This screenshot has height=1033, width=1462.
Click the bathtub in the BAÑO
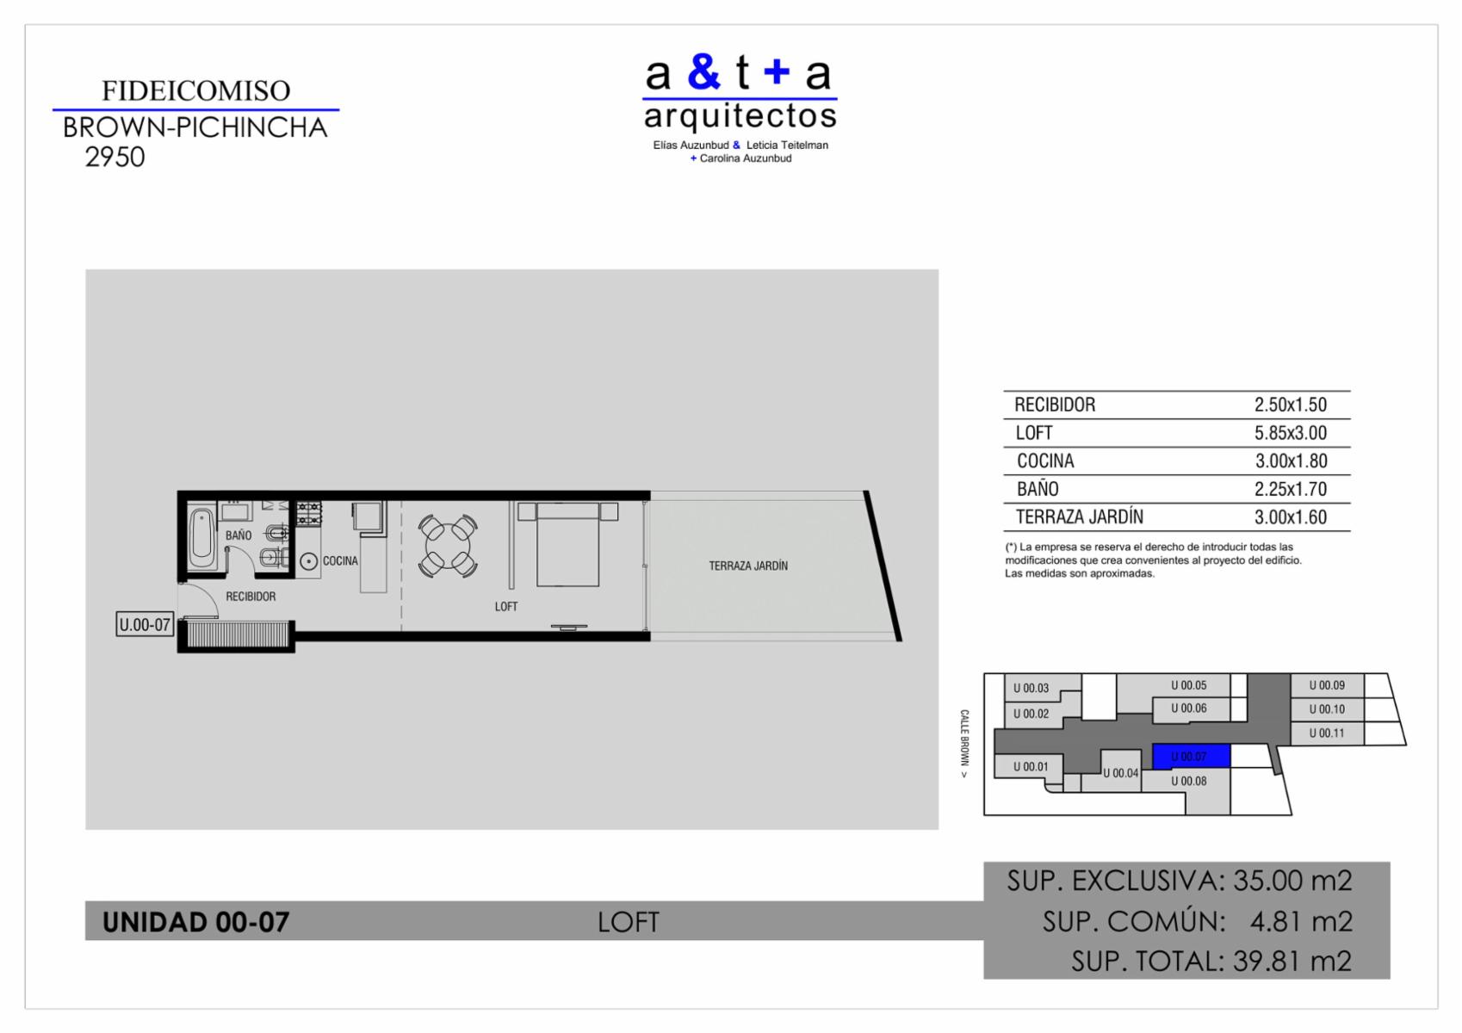point(202,538)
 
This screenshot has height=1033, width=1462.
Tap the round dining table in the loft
point(448,546)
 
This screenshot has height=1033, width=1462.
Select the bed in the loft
point(567,544)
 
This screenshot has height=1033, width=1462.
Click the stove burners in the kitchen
point(309,514)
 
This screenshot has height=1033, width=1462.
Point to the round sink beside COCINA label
point(309,561)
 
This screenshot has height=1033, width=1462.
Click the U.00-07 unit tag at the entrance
point(145,624)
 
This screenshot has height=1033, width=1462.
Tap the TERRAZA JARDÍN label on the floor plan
point(748,566)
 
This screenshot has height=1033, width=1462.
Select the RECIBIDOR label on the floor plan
point(251,597)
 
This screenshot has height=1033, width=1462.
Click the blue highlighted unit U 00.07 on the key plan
point(1191,757)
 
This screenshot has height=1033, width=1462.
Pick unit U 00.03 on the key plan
point(1031,688)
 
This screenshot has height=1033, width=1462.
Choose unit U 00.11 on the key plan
point(1327,733)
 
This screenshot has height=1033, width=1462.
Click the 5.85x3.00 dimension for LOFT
point(1291,433)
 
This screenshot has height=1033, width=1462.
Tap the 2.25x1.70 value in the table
point(1291,489)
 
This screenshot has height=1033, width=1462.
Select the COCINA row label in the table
point(1045,461)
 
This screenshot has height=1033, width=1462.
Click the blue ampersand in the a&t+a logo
point(704,72)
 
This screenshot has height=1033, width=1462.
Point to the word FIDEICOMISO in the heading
point(195,90)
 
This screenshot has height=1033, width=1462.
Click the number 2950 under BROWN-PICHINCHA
point(115,158)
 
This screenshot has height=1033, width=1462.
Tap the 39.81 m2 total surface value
point(1292,961)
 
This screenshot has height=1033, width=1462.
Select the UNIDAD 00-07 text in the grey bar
point(195,921)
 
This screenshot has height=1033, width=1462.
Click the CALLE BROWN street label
point(964,743)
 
